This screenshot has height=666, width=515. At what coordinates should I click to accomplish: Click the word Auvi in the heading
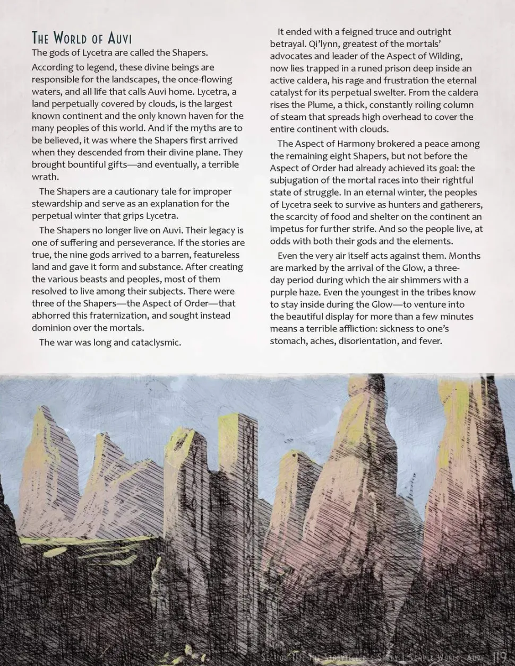click(x=120, y=39)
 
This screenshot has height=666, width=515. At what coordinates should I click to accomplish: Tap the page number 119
click(x=500, y=658)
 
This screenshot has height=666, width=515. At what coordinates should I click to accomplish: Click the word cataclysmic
click(x=155, y=343)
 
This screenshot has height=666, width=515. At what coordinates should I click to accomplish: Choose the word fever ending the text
click(x=431, y=341)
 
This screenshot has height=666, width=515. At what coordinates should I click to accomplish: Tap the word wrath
click(x=45, y=177)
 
